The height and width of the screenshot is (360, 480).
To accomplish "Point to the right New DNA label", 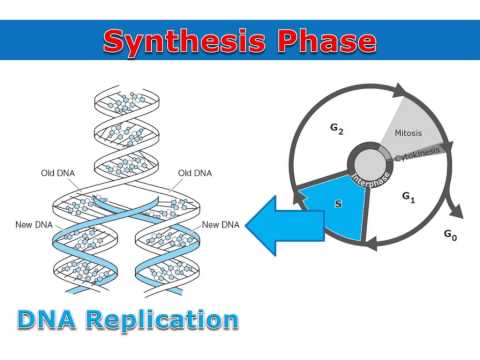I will click(x=223, y=225).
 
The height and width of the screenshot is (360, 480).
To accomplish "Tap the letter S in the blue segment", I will click(x=338, y=200).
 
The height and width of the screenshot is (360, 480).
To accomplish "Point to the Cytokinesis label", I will click(x=409, y=159).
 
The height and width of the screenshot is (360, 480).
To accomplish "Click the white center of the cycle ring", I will click(x=368, y=163).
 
